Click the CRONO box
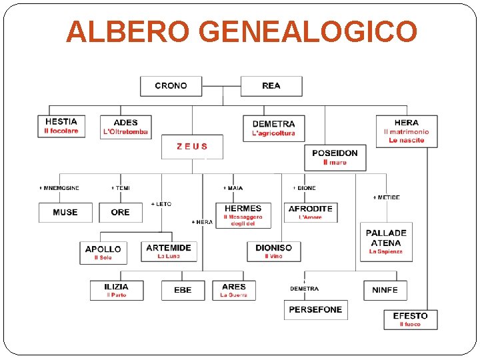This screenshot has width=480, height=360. pos(171,86)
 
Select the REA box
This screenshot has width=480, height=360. pos(271,86)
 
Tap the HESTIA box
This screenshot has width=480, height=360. pos(61,126)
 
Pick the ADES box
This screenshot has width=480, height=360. pos(125,127)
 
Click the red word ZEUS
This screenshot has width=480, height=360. pos(192,146)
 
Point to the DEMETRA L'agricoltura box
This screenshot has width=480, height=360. pos(273,128)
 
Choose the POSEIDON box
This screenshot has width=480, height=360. pos(335,157)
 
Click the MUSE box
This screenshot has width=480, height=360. pos(65,212)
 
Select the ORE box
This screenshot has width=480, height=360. pos(121,212)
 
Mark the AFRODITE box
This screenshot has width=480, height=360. pos(310,212)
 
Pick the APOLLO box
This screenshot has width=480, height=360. pos(103,252)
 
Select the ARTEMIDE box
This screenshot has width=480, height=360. pos(169,251)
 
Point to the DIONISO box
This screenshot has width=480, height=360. pos(273,251)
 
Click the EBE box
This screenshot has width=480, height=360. pos(183,290)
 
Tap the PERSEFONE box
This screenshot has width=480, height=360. pos(316,309)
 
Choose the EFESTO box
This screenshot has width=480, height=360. pos(410,319)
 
